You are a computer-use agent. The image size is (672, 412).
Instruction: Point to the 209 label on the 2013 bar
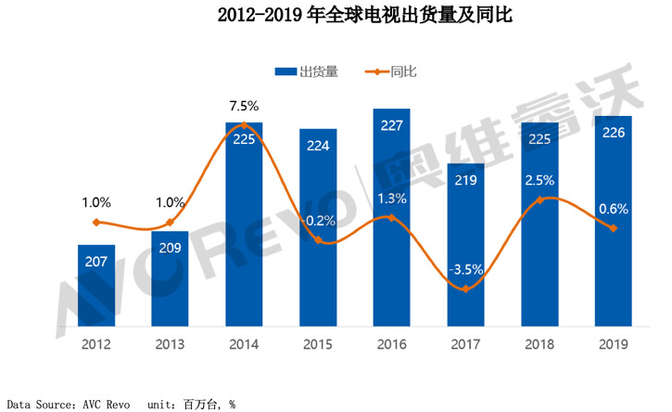pyautogui.click(x=170, y=249)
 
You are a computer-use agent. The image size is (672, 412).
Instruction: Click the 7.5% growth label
pyautogui.click(x=244, y=106)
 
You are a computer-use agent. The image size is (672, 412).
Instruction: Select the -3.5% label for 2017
pyautogui.click(x=465, y=271)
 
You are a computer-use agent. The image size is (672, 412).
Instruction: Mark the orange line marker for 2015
pyautogui.click(x=318, y=239)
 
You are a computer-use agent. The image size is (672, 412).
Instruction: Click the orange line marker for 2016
pyautogui.click(x=392, y=218)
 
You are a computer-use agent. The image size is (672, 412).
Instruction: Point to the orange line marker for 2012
pyautogui.click(x=95, y=222)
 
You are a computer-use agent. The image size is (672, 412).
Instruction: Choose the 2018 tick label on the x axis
pyautogui.click(x=539, y=344)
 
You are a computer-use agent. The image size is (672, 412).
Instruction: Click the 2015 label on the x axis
pyautogui.click(x=318, y=344)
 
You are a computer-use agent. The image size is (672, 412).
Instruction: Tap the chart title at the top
pyautogui.click(x=336, y=16)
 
